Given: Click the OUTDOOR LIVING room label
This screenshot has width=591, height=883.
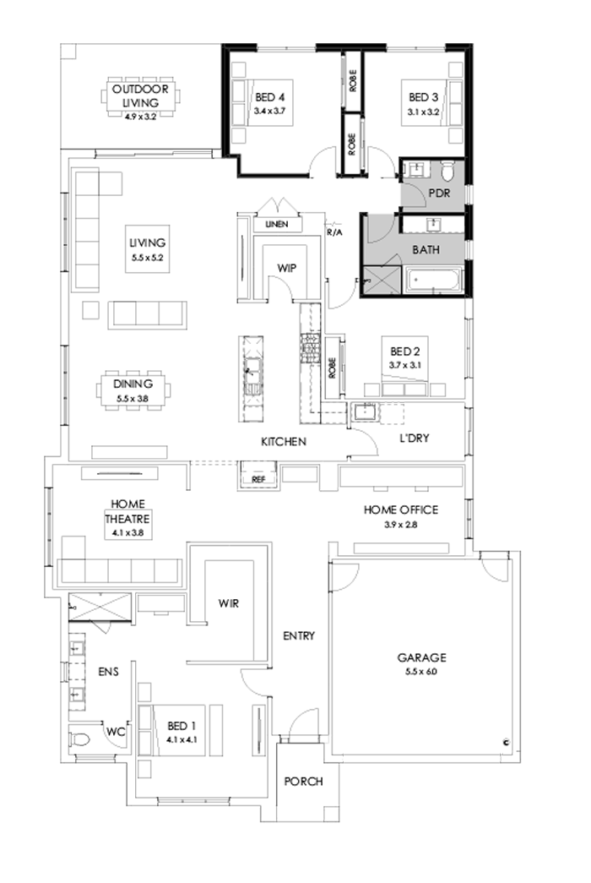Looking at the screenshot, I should coord(141,95).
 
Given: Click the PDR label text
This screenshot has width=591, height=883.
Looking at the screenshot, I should coord(438,193).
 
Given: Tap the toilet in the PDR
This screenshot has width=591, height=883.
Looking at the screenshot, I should coord(449,170).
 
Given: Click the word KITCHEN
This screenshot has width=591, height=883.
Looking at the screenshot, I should coord(283,442).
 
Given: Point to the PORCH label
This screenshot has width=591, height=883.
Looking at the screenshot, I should coord(302,782).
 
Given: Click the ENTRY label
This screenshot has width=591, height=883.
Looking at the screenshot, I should coord(298,635).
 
